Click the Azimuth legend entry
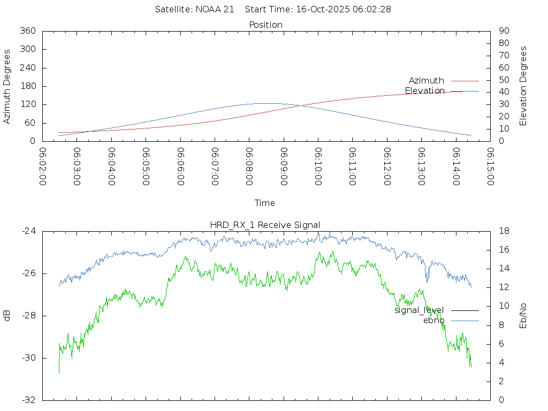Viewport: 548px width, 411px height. [427, 81]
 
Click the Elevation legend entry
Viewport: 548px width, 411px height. [424, 91]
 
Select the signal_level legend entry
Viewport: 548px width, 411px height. [419, 310]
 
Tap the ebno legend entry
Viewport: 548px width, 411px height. [433, 321]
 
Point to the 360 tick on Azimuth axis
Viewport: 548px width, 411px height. [27, 31]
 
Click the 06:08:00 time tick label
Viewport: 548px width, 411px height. [249, 167]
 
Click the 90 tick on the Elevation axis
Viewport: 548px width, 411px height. [503, 31]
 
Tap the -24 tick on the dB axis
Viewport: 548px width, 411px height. [29, 231]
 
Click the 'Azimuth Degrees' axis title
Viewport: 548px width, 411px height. [7, 86]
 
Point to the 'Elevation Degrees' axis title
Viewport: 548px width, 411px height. [523, 86]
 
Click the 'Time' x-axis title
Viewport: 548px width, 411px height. [265, 203]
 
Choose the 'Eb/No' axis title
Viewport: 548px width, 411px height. [523, 316]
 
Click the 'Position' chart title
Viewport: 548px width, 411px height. [266, 25]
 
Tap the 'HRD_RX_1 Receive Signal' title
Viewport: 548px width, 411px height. [265, 225]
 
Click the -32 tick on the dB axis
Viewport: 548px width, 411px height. [29, 400]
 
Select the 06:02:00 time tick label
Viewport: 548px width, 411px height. [43, 167]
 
